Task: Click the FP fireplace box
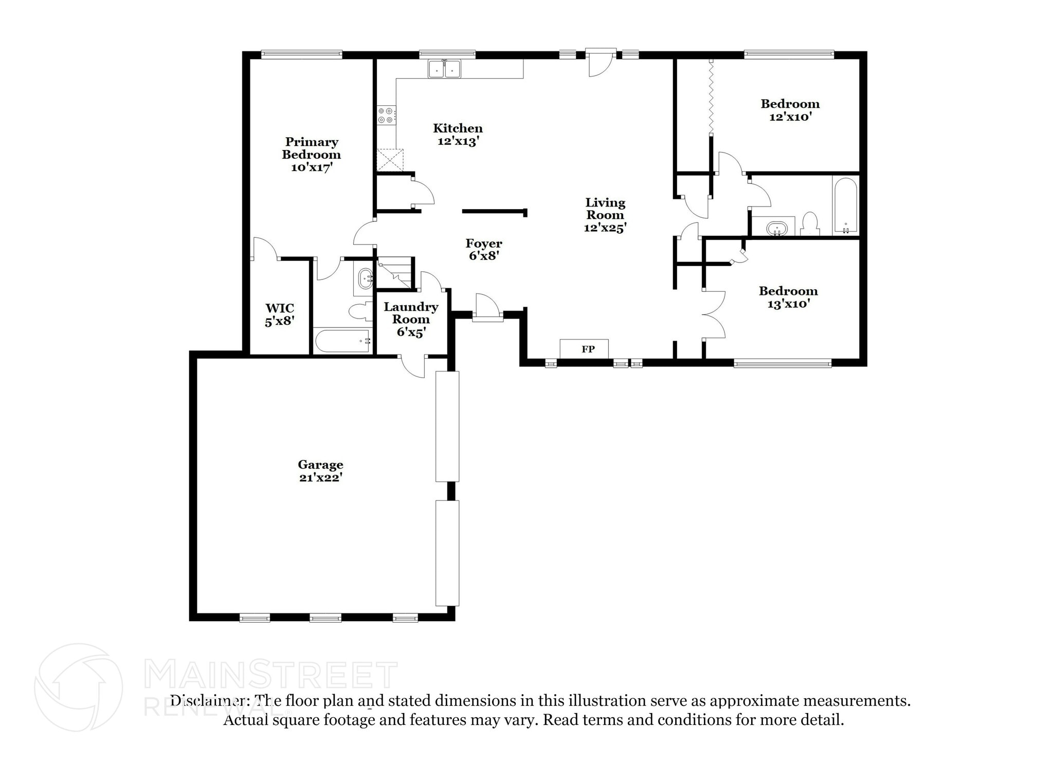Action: [584, 349]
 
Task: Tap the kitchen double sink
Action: [445, 69]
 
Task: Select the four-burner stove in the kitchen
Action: [386, 115]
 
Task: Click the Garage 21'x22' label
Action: [320, 471]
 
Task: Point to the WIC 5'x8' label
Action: [280, 314]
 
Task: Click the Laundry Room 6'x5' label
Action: [411, 319]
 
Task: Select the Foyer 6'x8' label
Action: [483, 249]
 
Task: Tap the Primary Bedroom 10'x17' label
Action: [311, 154]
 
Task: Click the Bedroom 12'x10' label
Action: [790, 110]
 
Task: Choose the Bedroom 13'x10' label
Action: [788, 297]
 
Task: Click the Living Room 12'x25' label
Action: [605, 215]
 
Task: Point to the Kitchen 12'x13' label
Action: [458, 134]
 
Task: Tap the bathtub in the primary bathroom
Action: [342, 341]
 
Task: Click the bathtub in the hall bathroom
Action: [845, 205]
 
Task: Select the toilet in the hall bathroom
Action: [810, 224]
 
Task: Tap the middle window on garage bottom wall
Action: [325, 618]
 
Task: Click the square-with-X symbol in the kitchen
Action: [390, 160]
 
